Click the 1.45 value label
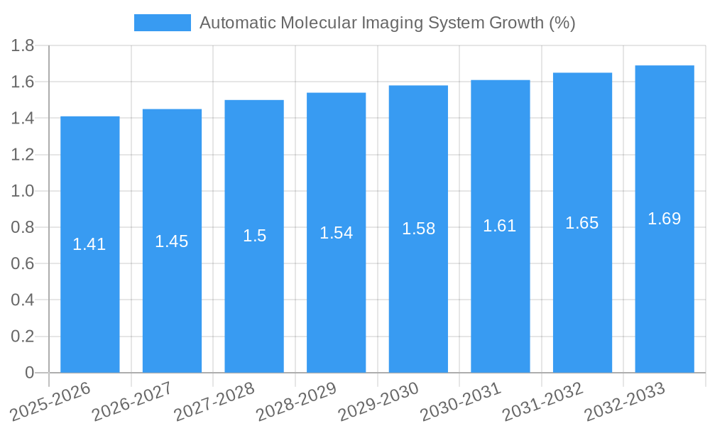172,241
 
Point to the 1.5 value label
254,236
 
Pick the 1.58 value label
418,229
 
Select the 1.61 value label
500,226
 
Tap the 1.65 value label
582,223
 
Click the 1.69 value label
665,219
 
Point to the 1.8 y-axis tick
23,46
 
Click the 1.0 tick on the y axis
23,192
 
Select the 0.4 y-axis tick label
23,300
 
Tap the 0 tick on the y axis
29,373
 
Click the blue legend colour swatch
163,23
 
